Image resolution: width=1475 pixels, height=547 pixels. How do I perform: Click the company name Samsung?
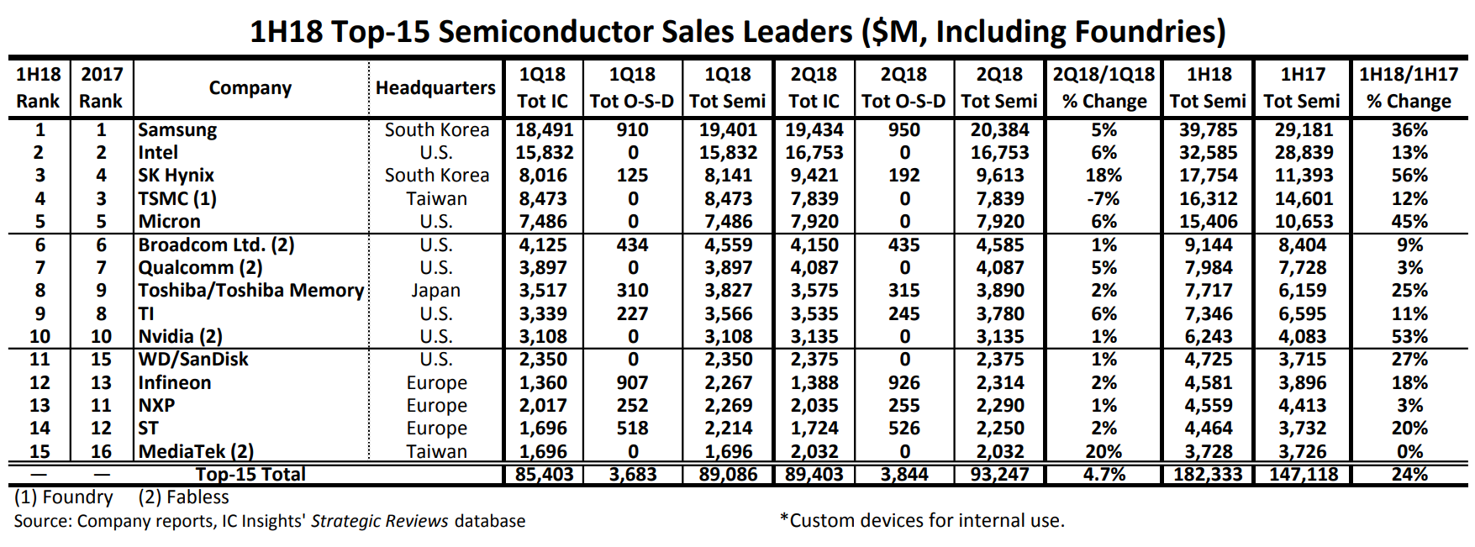coord(177,130)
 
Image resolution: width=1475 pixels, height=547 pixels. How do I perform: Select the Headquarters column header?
coord(435,88)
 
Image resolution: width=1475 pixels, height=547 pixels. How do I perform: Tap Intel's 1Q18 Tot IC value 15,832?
coord(544,153)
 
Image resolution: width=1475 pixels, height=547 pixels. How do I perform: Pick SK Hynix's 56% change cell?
coord(1409,176)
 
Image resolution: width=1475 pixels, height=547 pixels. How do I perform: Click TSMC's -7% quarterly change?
coord(1103,199)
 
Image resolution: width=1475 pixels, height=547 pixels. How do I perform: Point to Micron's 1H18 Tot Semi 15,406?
coord(1208,222)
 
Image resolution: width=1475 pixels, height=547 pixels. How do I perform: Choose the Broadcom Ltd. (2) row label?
coord(216,245)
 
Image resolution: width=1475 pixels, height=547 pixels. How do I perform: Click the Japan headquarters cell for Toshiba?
coord(435,291)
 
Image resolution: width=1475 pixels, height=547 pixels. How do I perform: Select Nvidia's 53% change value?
coord(1409,337)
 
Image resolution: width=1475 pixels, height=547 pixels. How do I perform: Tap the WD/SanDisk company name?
coord(193,360)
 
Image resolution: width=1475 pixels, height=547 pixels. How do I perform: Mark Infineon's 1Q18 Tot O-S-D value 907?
coord(632,382)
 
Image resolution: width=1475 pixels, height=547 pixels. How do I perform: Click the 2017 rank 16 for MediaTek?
coord(101,452)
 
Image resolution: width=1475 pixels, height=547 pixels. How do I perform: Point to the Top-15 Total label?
coord(250,475)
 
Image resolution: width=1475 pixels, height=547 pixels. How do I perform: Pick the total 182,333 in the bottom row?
coord(1208,475)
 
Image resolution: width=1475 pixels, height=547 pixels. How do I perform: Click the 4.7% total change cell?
coord(1104,475)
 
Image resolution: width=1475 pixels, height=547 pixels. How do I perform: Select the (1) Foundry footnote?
coord(64,497)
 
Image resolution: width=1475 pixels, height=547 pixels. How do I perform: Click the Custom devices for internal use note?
coord(923,521)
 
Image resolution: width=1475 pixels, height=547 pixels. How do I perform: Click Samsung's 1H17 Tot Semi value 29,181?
coord(1302,130)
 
